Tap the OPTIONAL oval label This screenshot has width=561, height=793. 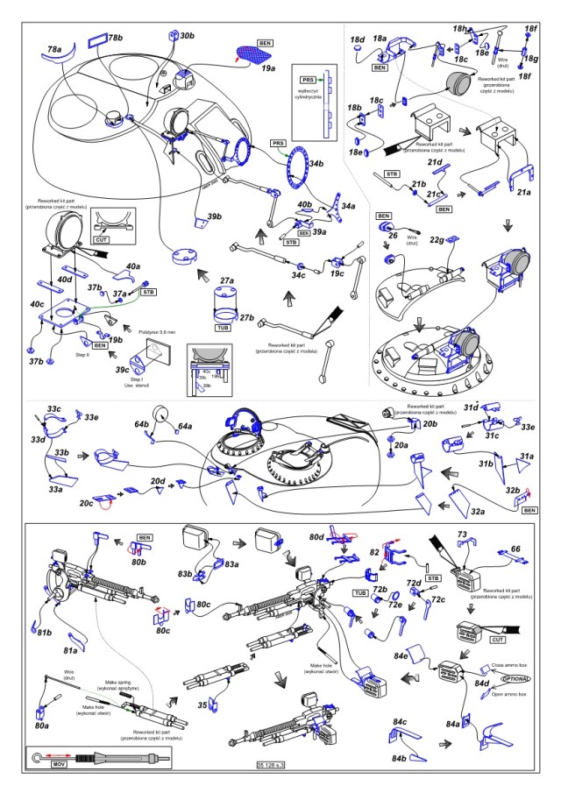pos(515,678)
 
